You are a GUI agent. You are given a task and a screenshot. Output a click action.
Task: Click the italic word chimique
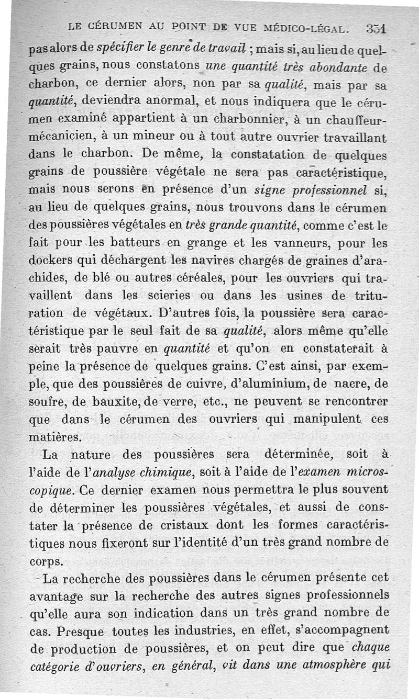pos(161,473)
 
